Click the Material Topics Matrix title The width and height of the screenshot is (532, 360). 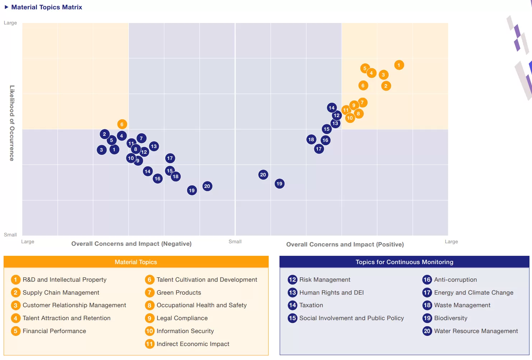(47, 7)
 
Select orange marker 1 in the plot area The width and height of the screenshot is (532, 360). (399, 65)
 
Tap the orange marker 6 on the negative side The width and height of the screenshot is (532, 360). (122, 124)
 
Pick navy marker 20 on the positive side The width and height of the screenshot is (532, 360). (263, 175)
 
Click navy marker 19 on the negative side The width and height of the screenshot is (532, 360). (192, 190)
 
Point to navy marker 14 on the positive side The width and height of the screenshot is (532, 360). (332, 108)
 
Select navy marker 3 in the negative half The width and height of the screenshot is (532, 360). (102, 150)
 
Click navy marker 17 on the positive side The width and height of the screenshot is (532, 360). (319, 149)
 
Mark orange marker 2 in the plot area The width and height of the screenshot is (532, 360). (386, 86)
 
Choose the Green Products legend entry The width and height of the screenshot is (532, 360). (179, 292)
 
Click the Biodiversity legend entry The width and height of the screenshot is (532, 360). (450, 318)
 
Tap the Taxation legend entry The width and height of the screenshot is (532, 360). (311, 305)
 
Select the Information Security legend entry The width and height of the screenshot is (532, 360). (185, 331)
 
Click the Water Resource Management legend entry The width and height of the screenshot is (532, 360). (476, 331)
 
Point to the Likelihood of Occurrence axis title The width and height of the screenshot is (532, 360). (12, 123)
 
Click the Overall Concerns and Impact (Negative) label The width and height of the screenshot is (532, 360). (131, 244)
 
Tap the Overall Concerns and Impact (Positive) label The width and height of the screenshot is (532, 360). (345, 244)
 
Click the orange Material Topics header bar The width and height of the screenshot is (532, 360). (136, 262)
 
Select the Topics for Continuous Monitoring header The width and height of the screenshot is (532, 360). (404, 262)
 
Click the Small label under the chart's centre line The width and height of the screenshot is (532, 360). (235, 241)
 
